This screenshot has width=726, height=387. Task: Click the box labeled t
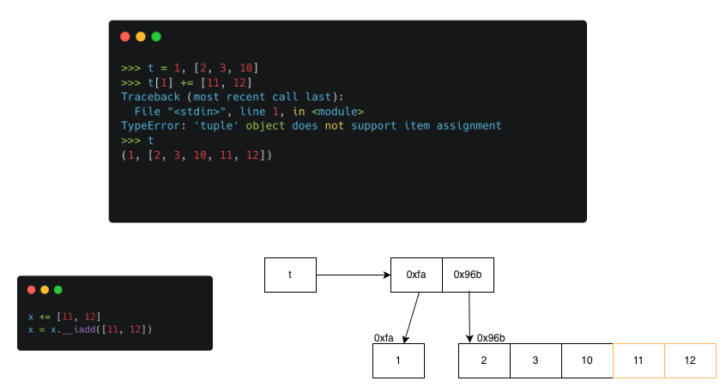pyautogui.click(x=290, y=275)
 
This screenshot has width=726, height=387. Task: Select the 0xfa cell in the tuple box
pyautogui.click(x=416, y=275)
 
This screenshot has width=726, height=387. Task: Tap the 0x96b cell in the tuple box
pyautogui.click(x=468, y=275)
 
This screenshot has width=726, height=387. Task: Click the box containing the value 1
pyautogui.click(x=398, y=360)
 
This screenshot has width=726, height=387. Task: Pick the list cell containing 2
pyautogui.click(x=484, y=360)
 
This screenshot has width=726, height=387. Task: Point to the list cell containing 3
pyautogui.click(x=535, y=360)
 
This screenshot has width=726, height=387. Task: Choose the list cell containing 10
pyautogui.click(x=587, y=360)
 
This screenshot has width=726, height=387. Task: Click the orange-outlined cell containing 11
pyautogui.click(x=638, y=360)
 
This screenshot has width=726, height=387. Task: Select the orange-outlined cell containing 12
pyautogui.click(x=690, y=360)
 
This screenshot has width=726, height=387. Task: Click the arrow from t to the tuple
pyautogui.click(x=353, y=275)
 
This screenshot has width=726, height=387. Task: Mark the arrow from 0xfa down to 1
pyautogui.click(x=410, y=317)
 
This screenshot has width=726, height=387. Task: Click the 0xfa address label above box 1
pyautogui.click(x=384, y=338)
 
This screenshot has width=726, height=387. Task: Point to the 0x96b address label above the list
pyautogui.click(x=492, y=338)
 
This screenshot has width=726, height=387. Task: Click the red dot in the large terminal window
pyautogui.click(x=125, y=37)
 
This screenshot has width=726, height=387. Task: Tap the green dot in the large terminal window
pyautogui.click(x=156, y=37)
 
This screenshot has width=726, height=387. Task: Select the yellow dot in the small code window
pyautogui.click(x=45, y=290)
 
